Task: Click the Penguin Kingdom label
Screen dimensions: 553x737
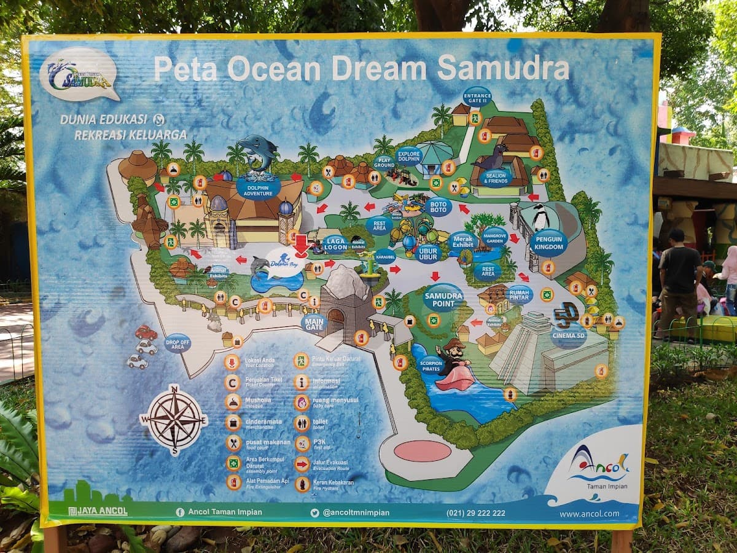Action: (548, 242)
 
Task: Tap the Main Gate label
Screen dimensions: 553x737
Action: (313, 323)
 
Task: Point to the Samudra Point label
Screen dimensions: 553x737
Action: (443, 297)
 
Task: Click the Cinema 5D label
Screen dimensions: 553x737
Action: (568, 335)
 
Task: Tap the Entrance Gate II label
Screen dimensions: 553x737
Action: (477, 97)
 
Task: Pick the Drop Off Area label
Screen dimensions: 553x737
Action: (177, 343)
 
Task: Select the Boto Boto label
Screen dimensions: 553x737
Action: (437, 206)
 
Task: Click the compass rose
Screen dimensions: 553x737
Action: (174, 419)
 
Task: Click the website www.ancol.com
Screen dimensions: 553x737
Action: (589, 514)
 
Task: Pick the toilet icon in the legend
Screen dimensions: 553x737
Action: (302, 423)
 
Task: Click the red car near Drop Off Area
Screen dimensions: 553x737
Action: (146, 332)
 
